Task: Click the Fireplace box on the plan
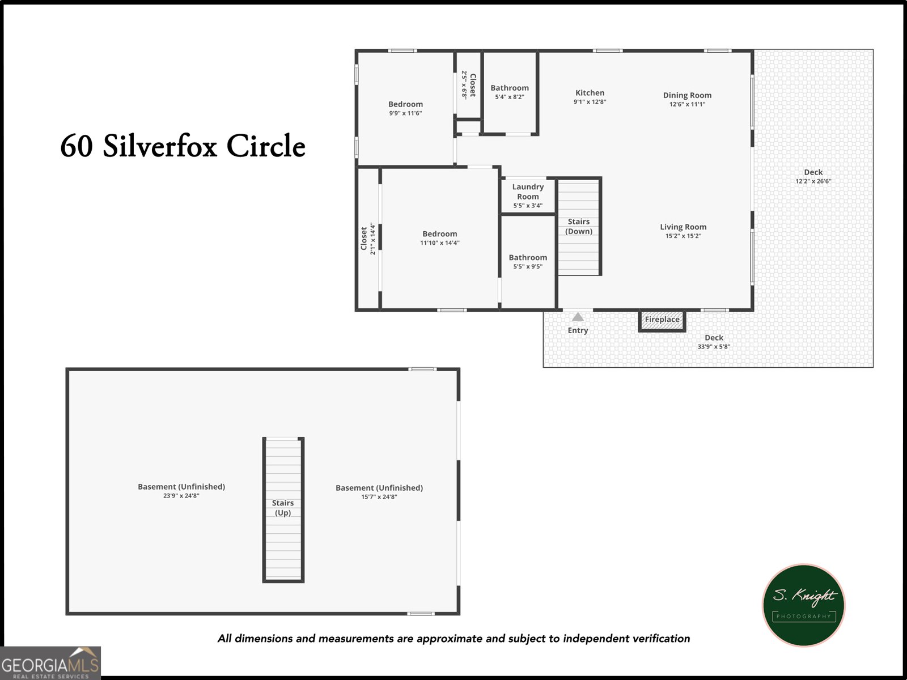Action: click(662, 320)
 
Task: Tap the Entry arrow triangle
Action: click(578, 317)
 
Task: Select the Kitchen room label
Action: click(590, 93)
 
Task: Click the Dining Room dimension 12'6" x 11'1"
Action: click(687, 104)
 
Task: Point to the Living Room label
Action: click(683, 227)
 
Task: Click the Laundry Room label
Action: click(528, 192)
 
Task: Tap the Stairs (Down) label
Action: click(579, 226)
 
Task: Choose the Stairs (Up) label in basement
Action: click(283, 508)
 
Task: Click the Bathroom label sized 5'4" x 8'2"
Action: click(510, 88)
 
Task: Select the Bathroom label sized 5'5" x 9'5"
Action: click(528, 257)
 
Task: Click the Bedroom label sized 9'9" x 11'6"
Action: click(405, 104)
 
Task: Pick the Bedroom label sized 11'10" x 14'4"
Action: click(439, 234)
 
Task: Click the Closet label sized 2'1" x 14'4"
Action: click(364, 239)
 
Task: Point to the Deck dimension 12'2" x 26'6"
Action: click(813, 181)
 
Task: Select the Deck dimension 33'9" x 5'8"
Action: click(714, 346)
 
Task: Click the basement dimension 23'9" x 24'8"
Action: click(181, 496)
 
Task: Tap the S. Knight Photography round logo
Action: click(803, 605)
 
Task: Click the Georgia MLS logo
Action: click(50, 663)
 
